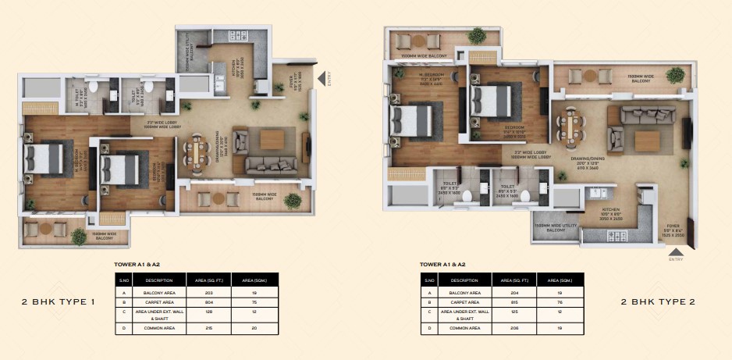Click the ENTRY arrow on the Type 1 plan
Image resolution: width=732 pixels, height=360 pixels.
pyautogui.click(x=321, y=77)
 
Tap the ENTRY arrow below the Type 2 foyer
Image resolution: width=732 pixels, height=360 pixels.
pyautogui.click(x=676, y=251)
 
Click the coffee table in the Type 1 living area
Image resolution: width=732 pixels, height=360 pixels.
pyautogui.click(x=274, y=138)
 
